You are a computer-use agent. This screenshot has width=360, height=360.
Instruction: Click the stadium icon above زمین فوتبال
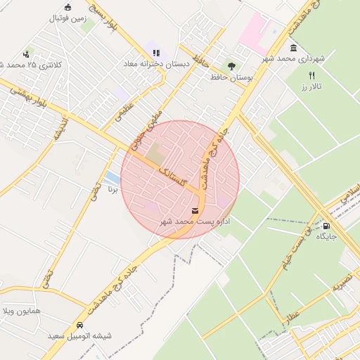click(67, 8)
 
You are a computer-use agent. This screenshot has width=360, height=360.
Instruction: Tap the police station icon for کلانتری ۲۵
click(27, 53)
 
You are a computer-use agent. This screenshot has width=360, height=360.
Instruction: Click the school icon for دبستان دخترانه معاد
click(155, 52)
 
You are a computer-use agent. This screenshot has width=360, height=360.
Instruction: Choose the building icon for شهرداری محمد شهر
click(292, 48)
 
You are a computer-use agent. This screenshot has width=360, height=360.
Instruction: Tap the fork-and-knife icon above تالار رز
click(311, 75)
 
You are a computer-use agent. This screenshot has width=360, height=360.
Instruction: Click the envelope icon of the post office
click(194, 210)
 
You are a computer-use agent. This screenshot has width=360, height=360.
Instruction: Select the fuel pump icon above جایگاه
click(327, 225)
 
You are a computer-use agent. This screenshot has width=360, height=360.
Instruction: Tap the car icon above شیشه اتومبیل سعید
click(79, 326)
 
